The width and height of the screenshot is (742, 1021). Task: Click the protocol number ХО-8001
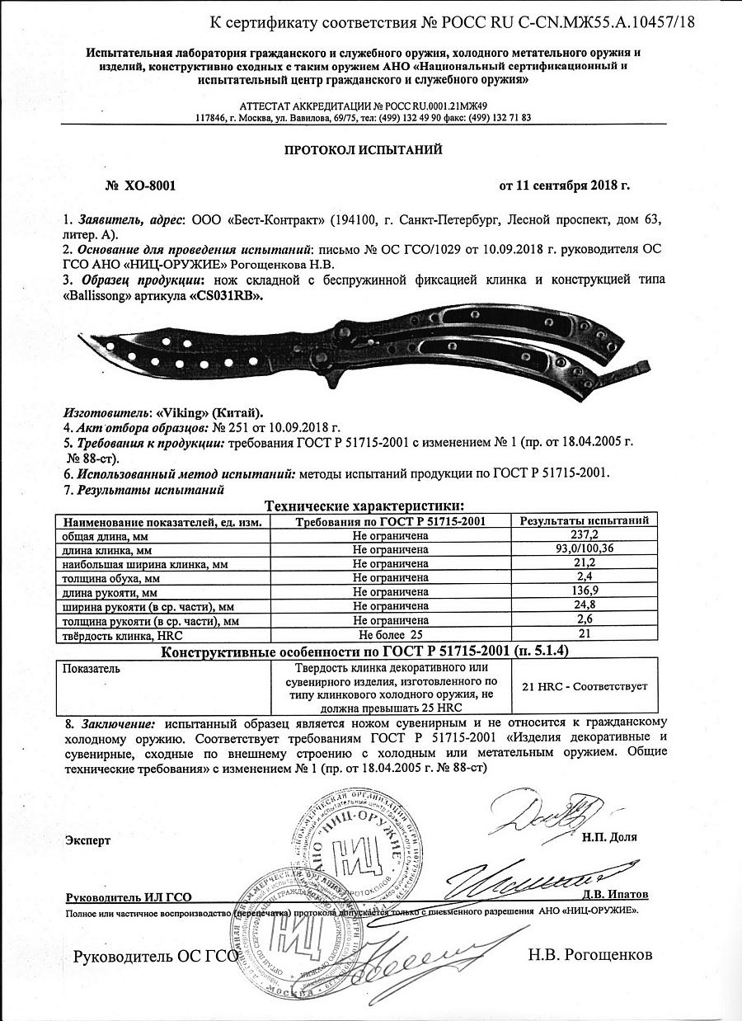(x=150, y=186)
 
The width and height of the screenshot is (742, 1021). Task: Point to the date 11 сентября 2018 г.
(x=565, y=186)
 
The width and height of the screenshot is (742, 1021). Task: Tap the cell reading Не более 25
(x=390, y=635)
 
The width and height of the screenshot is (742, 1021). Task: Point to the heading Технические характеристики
(x=363, y=506)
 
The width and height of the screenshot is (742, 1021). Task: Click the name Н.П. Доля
(x=608, y=836)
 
